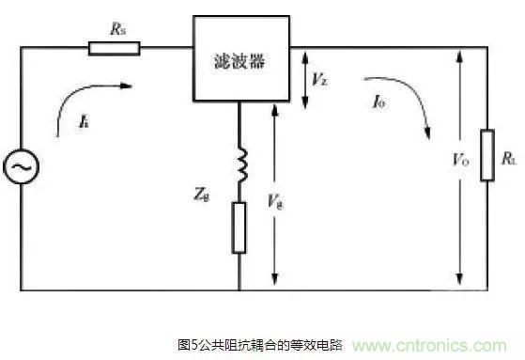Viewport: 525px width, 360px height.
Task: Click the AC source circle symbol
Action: [x=20, y=168]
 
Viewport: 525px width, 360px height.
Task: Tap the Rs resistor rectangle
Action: [x=114, y=47]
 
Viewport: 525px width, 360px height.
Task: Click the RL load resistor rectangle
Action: [x=486, y=156]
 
